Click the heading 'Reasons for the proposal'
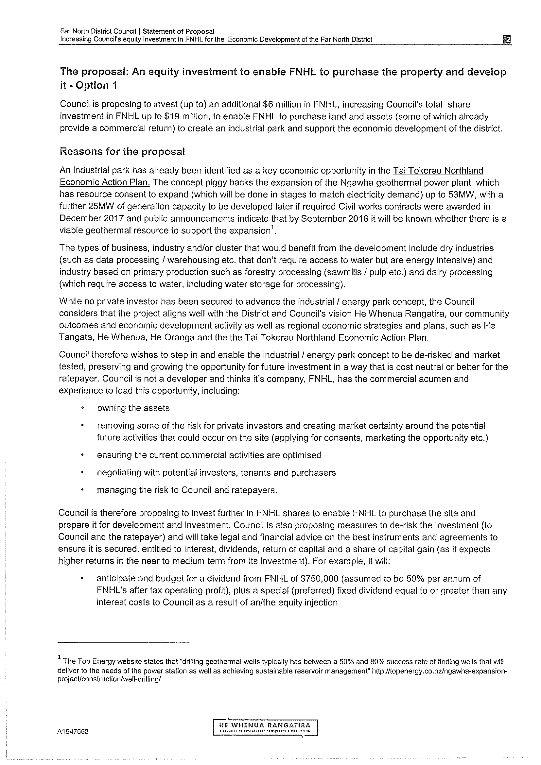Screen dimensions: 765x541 122,152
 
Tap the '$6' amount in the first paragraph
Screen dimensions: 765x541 268,105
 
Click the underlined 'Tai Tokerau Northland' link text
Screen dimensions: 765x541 438,171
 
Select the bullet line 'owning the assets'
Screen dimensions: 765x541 133,408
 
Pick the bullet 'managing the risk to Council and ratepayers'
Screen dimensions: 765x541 187,490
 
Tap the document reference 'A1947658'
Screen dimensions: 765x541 73,732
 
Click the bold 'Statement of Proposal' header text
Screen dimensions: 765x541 178,31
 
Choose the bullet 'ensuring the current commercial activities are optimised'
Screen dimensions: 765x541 209,455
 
